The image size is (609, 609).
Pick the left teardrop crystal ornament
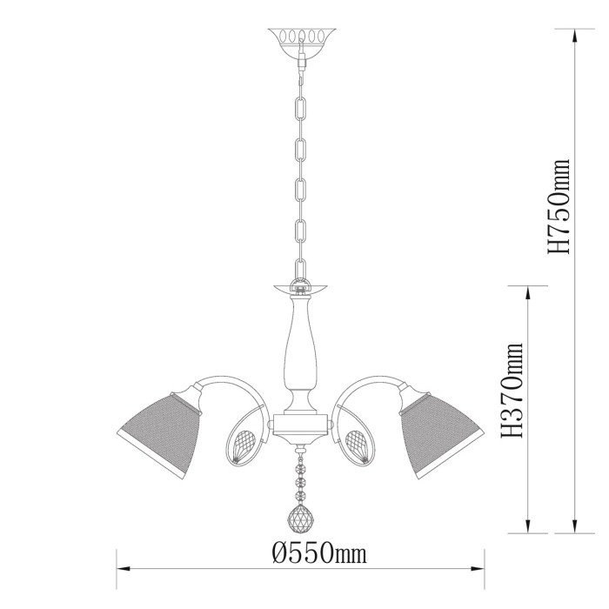(241, 443)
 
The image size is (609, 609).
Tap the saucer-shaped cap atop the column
(300, 285)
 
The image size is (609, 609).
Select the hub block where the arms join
(300, 425)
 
